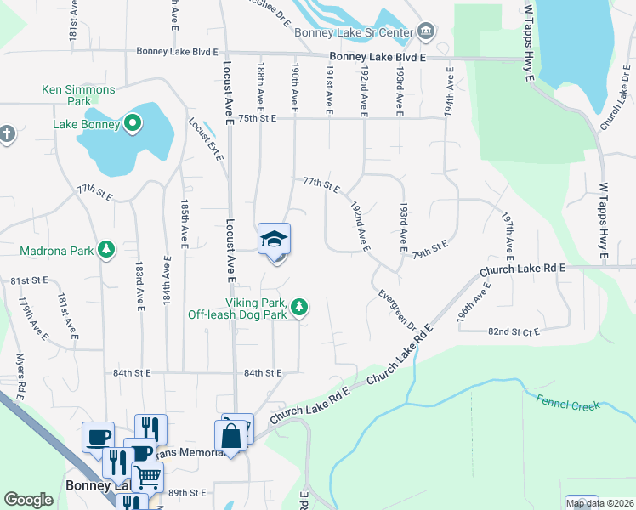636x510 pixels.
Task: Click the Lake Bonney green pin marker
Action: point(132,124)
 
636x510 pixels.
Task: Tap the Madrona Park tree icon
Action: point(106,249)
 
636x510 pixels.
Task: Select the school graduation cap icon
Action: point(274,239)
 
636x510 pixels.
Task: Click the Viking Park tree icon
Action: point(299,307)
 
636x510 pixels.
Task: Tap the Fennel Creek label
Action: point(567,405)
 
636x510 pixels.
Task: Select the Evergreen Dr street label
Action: point(397,311)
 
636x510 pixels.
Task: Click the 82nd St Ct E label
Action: point(513,332)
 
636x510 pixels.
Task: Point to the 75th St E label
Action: point(258,119)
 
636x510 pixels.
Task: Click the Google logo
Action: point(28,500)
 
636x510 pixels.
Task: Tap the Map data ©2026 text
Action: point(599,503)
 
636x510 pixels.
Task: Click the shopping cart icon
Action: point(147,478)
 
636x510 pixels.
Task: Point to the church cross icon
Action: point(6,133)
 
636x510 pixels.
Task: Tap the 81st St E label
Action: point(26,280)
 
